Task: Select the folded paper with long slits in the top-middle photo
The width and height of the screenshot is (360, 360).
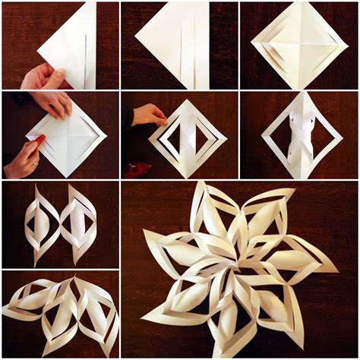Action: pyautogui.click(x=179, y=42)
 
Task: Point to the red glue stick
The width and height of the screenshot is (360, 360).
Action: pyautogui.click(x=37, y=141)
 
